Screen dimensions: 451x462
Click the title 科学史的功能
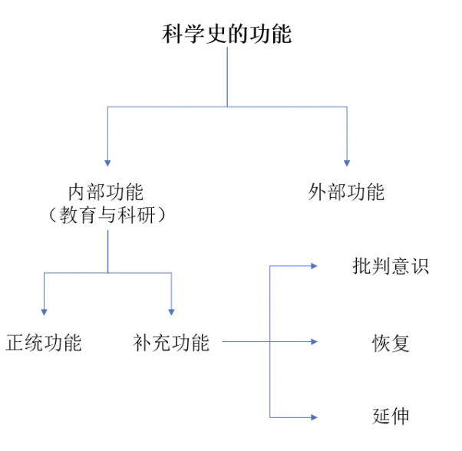point(227,35)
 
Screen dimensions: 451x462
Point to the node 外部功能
point(346,192)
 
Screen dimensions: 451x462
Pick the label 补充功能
point(170,343)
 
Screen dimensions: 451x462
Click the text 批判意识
point(391,267)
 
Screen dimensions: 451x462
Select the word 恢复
point(391,343)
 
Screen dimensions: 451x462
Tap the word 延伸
point(391,416)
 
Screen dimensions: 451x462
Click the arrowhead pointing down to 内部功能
point(107,162)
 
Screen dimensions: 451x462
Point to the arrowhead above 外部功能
point(347,162)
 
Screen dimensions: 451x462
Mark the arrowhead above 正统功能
point(44,311)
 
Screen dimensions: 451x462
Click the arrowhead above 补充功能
point(171,311)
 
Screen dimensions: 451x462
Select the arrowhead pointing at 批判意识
point(313,266)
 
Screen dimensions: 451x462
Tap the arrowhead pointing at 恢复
point(313,341)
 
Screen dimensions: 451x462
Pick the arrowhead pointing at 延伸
point(313,416)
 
